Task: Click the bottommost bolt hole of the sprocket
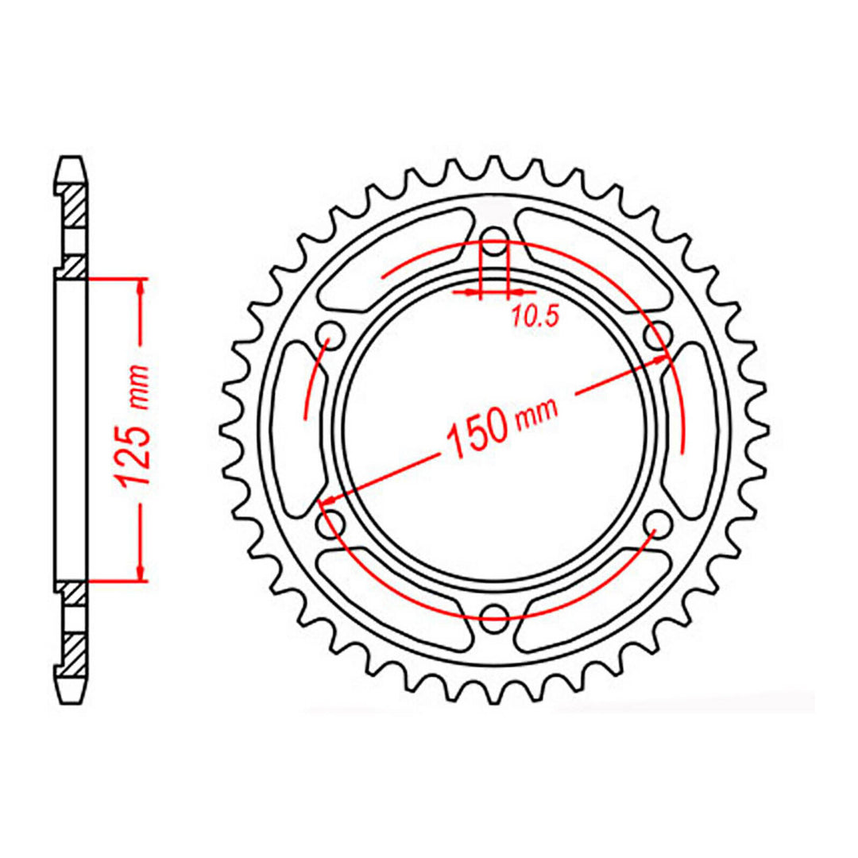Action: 495,613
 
